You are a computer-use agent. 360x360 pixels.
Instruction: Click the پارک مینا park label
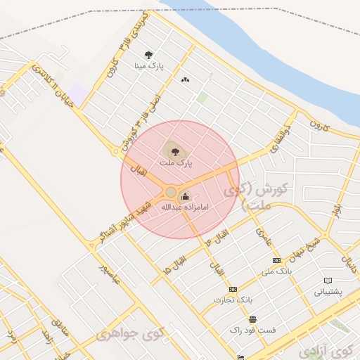(x=150, y=65)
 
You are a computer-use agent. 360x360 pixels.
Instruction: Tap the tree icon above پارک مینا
(x=148, y=54)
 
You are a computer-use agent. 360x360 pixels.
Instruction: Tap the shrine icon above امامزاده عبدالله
(x=186, y=196)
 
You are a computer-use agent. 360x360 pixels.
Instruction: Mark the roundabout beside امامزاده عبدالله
(x=170, y=192)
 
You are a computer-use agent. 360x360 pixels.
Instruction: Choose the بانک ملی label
(x=276, y=271)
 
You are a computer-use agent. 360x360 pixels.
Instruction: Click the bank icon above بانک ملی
(x=276, y=260)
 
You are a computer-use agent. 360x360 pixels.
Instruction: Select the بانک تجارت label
(x=233, y=300)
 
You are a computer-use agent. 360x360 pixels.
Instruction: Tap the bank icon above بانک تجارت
(x=233, y=289)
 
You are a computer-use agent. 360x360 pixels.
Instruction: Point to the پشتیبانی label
(x=328, y=292)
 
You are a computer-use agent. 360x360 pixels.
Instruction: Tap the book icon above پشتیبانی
(x=328, y=281)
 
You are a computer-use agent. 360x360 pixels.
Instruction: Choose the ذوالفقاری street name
(x=279, y=139)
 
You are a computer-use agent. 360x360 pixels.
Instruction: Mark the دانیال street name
(x=349, y=264)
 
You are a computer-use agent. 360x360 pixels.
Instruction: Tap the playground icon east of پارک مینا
(x=185, y=80)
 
